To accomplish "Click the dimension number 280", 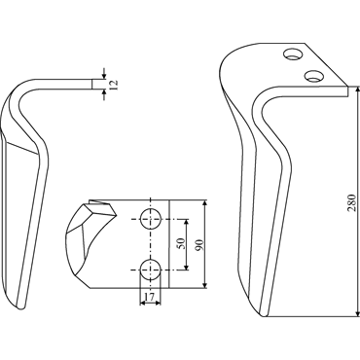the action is tap(352, 203).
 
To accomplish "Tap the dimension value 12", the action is tap(114, 85).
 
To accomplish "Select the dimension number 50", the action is tap(181, 243).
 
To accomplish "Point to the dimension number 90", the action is tap(198, 244).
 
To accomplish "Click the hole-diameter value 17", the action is tap(150, 297).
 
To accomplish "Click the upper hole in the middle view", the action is tap(150, 219).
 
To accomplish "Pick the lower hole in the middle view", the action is tap(150, 270).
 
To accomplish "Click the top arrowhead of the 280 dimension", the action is tap(358, 90).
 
